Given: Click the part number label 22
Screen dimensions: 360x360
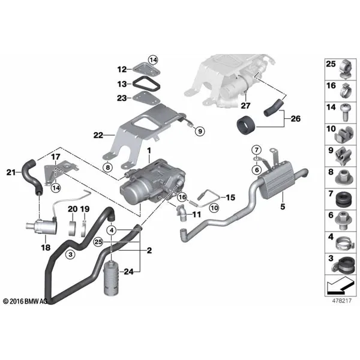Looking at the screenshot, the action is [98, 135].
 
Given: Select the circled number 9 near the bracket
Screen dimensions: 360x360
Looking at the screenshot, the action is [200, 131].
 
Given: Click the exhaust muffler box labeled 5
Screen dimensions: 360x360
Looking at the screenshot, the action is [275, 183].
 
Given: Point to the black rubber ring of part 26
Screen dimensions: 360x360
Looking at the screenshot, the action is [245, 125].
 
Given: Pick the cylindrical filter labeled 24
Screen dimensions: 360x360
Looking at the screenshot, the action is [112, 278].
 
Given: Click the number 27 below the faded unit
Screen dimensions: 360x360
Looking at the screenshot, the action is [245, 106].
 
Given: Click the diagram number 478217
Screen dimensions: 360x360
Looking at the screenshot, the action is [341, 301].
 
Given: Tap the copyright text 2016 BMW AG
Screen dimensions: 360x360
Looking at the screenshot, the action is [25, 301].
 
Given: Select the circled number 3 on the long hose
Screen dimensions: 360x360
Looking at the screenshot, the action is [70, 254].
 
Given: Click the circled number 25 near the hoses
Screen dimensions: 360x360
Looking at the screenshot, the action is [98, 242].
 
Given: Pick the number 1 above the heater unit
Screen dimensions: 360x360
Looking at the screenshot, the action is [149, 151].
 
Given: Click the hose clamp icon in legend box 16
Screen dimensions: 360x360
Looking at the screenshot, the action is [346, 91].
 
